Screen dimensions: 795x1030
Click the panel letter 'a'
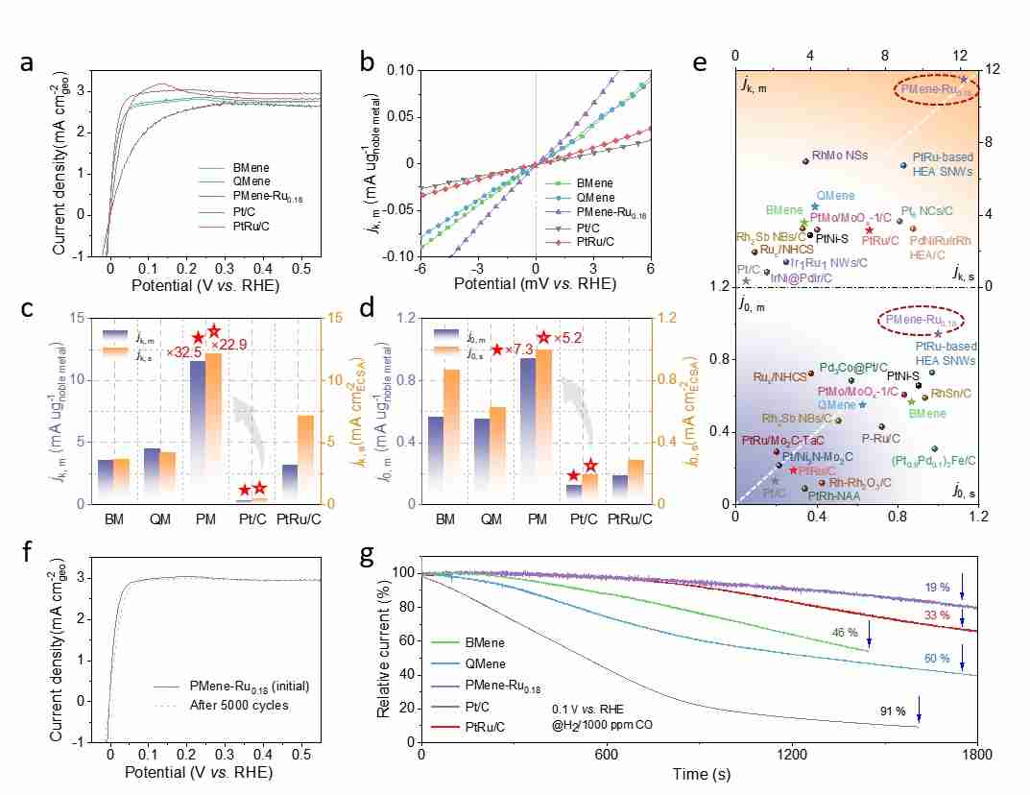pos(29,63)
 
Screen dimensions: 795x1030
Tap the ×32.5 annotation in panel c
pos(181,352)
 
